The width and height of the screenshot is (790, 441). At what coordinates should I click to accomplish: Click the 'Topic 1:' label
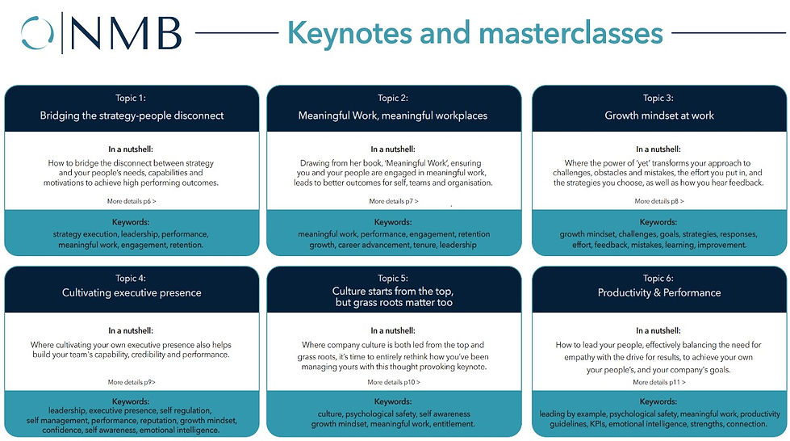tap(132, 99)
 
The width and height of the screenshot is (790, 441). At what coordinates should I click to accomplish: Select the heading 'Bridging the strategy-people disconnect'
tap(132, 115)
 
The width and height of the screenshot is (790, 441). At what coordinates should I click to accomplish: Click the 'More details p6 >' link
tap(132, 201)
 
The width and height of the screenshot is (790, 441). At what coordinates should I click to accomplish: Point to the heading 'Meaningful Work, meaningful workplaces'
tap(393, 115)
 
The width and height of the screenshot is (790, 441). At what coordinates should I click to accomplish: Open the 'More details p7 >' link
tap(393, 201)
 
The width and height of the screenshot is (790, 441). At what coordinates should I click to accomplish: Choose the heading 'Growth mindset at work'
tap(659, 115)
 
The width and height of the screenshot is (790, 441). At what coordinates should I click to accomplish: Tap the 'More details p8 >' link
tap(659, 201)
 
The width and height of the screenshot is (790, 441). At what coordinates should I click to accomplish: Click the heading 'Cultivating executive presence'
tap(132, 292)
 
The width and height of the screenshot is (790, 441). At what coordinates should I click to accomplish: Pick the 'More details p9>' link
tap(132, 381)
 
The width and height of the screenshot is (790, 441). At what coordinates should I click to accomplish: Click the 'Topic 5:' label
tap(393, 278)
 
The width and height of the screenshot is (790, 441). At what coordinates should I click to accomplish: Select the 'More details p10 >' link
tap(393, 382)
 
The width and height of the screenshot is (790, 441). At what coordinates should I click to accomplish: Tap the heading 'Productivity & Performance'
tap(659, 292)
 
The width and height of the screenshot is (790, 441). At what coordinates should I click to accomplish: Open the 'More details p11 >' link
tap(659, 382)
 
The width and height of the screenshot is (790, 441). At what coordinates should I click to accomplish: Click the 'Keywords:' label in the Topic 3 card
tap(659, 222)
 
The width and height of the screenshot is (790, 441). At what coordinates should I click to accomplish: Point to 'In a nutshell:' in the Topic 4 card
tap(132, 330)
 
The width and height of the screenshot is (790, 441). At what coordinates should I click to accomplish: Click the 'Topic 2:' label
tap(393, 99)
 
